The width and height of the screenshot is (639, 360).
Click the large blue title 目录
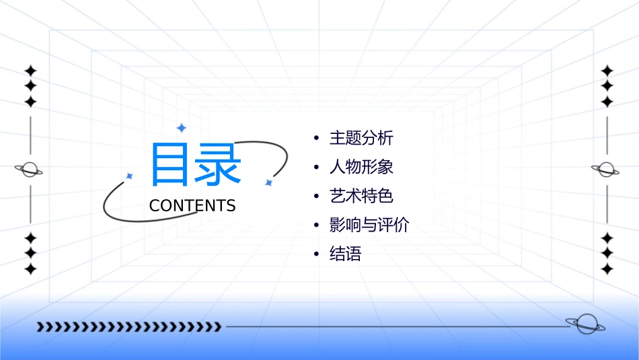click(195, 165)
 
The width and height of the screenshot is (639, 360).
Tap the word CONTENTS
click(192, 206)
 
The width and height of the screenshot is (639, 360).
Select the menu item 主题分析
click(361, 139)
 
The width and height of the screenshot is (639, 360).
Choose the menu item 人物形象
click(361, 168)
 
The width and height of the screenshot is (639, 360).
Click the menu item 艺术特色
click(361, 196)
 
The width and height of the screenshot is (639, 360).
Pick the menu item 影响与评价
click(369, 225)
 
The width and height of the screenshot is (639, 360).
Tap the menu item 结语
click(346, 254)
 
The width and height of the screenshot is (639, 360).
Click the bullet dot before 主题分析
click(316, 139)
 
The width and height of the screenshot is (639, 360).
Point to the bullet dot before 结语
click(316, 255)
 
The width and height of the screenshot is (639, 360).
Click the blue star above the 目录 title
click(180, 127)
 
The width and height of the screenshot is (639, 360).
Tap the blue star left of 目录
click(130, 176)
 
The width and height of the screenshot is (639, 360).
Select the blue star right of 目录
click(268, 182)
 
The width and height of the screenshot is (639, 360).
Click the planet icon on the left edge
click(29, 170)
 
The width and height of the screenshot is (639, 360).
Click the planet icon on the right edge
click(606, 170)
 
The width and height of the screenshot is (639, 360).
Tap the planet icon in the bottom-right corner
click(585, 324)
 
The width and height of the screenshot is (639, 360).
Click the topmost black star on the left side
click(30, 70)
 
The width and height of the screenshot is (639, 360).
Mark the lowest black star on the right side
click(607, 269)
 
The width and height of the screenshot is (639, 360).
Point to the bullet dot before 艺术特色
click(316, 197)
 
